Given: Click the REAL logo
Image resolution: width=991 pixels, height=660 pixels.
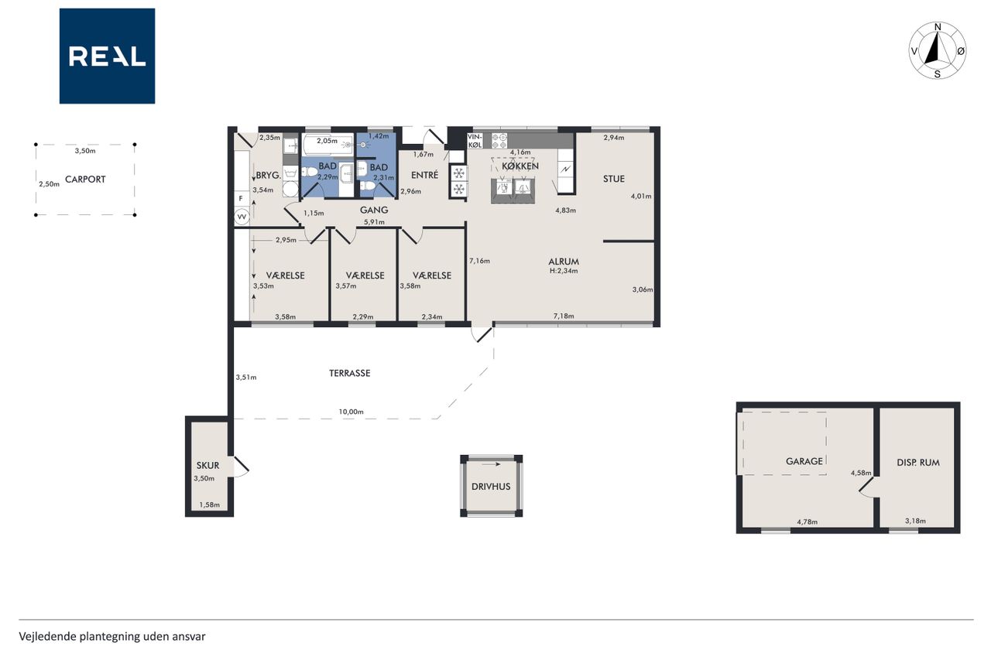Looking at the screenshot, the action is tap(107, 56).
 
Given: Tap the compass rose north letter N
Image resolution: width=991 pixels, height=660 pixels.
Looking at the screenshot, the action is tap(938, 27).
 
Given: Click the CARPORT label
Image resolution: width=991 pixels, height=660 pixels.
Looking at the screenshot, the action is tap(85, 179).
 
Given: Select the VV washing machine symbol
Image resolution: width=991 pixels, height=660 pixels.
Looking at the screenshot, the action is tap(242, 217).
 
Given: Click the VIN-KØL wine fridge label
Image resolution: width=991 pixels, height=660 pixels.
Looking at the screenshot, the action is tap(475, 141).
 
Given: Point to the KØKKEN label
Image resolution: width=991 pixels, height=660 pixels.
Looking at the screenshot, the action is tap(520, 166).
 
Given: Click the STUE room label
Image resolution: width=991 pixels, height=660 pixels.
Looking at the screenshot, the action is tap(614, 179).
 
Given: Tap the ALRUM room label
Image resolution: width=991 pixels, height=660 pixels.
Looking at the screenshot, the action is tap(564, 262).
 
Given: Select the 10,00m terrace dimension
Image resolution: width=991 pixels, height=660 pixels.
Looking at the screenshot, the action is tap(351, 412).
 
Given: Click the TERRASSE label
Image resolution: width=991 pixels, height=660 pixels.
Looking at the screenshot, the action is tap(349, 373).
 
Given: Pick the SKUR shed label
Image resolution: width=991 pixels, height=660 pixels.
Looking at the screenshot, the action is tap(208, 465).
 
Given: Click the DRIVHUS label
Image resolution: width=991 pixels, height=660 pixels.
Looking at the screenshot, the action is tap(491, 486).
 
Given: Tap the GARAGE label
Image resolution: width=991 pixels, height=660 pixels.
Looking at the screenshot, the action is tap(804, 461).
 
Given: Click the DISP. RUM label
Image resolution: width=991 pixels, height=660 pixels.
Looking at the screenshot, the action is tap(918, 463).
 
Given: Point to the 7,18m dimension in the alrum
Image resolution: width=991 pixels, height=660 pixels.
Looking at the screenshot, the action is tap(564, 316).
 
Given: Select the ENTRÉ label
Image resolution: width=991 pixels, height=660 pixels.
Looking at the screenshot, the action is tap(425, 175).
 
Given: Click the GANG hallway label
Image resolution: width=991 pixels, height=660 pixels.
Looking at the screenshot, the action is tap(374, 210).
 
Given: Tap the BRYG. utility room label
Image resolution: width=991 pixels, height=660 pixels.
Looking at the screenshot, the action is tap(269, 175).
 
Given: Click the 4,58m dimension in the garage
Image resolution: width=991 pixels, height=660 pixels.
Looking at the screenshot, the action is tap(861, 473).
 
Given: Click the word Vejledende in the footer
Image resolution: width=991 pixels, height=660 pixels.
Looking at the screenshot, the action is tap(47, 637).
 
